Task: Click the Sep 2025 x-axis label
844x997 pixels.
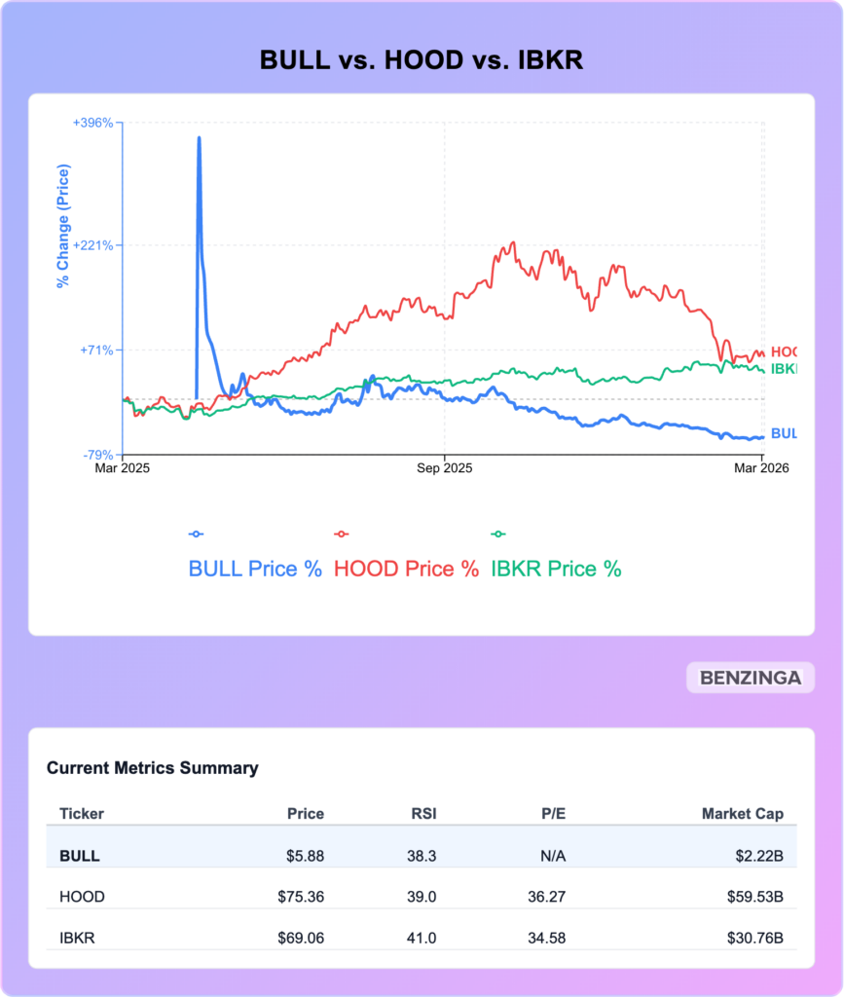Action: [444, 468]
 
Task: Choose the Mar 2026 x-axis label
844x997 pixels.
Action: [760, 468]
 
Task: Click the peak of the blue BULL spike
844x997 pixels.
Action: [199, 138]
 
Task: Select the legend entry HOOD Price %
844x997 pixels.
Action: [406, 569]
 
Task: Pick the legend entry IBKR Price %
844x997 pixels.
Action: [556, 569]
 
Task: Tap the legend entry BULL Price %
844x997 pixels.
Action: [255, 569]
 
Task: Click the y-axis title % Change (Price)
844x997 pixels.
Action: [63, 228]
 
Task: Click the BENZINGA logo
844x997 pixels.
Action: [751, 678]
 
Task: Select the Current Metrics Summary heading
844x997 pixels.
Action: [152, 768]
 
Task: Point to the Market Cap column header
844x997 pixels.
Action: [743, 814]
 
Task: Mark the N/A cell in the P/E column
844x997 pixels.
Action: [552, 857]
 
